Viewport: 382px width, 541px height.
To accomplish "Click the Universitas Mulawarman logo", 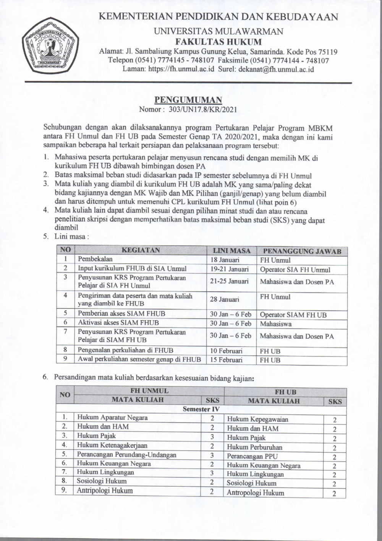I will (50, 48).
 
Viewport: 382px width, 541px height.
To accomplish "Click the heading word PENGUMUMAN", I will (188, 100).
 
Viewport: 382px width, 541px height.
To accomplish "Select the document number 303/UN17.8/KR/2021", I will (205, 109).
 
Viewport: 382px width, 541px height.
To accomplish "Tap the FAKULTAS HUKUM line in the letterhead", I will (218, 42).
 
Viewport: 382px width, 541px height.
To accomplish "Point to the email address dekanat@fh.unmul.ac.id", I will (276, 69).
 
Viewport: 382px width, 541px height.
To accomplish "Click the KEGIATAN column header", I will (141, 250).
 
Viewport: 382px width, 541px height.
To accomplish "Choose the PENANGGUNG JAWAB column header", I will (302, 251).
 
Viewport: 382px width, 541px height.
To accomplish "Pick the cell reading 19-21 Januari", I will (229, 269).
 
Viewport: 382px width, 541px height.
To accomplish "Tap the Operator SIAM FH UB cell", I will (293, 315).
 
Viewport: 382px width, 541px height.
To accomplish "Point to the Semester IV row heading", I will (201, 409).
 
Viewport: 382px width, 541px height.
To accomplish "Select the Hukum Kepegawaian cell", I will (257, 419).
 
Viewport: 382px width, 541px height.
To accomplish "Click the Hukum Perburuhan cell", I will (254, 447).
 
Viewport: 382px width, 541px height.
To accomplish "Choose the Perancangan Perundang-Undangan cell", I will (126, 455).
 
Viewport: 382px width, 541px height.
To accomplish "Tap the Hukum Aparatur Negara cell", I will (112, 418).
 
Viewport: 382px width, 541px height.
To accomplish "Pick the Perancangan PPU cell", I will (252, 456).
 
